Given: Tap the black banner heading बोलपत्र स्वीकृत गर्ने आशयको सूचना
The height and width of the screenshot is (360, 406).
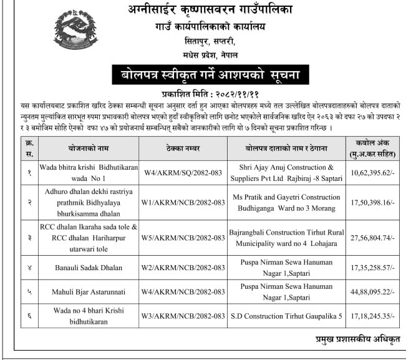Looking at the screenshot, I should tap(210, 75).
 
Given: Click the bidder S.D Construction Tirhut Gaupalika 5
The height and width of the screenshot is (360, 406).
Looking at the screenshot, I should tap(286, 316).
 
